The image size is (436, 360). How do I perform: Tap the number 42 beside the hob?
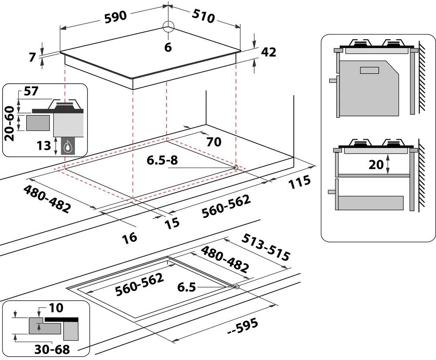tap(268, 52)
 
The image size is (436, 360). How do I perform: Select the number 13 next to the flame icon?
tap(44, 146)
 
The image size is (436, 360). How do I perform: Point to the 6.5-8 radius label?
tap(161, 161)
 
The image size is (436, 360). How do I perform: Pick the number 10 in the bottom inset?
tap(56, 308)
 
